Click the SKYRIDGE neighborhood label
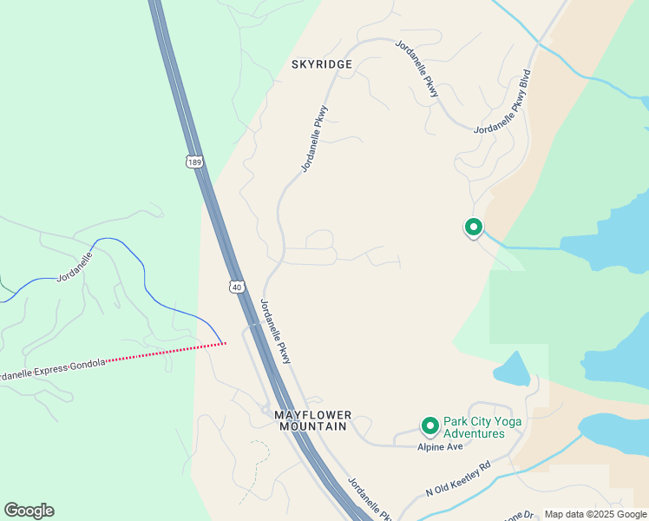tap(322, 64)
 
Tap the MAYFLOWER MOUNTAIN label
tap(311, 420)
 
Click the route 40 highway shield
tap(237, 286)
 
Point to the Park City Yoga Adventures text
tap(474, 427)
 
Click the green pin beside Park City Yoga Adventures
tap(429, 425)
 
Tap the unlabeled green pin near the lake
tap(474, 227)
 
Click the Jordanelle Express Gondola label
tap(52, 368)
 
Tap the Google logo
tap(29, 511)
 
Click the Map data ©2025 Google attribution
tap(595, 514)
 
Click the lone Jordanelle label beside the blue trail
tap(74, 267)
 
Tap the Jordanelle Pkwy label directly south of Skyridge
tap(314, 139)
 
